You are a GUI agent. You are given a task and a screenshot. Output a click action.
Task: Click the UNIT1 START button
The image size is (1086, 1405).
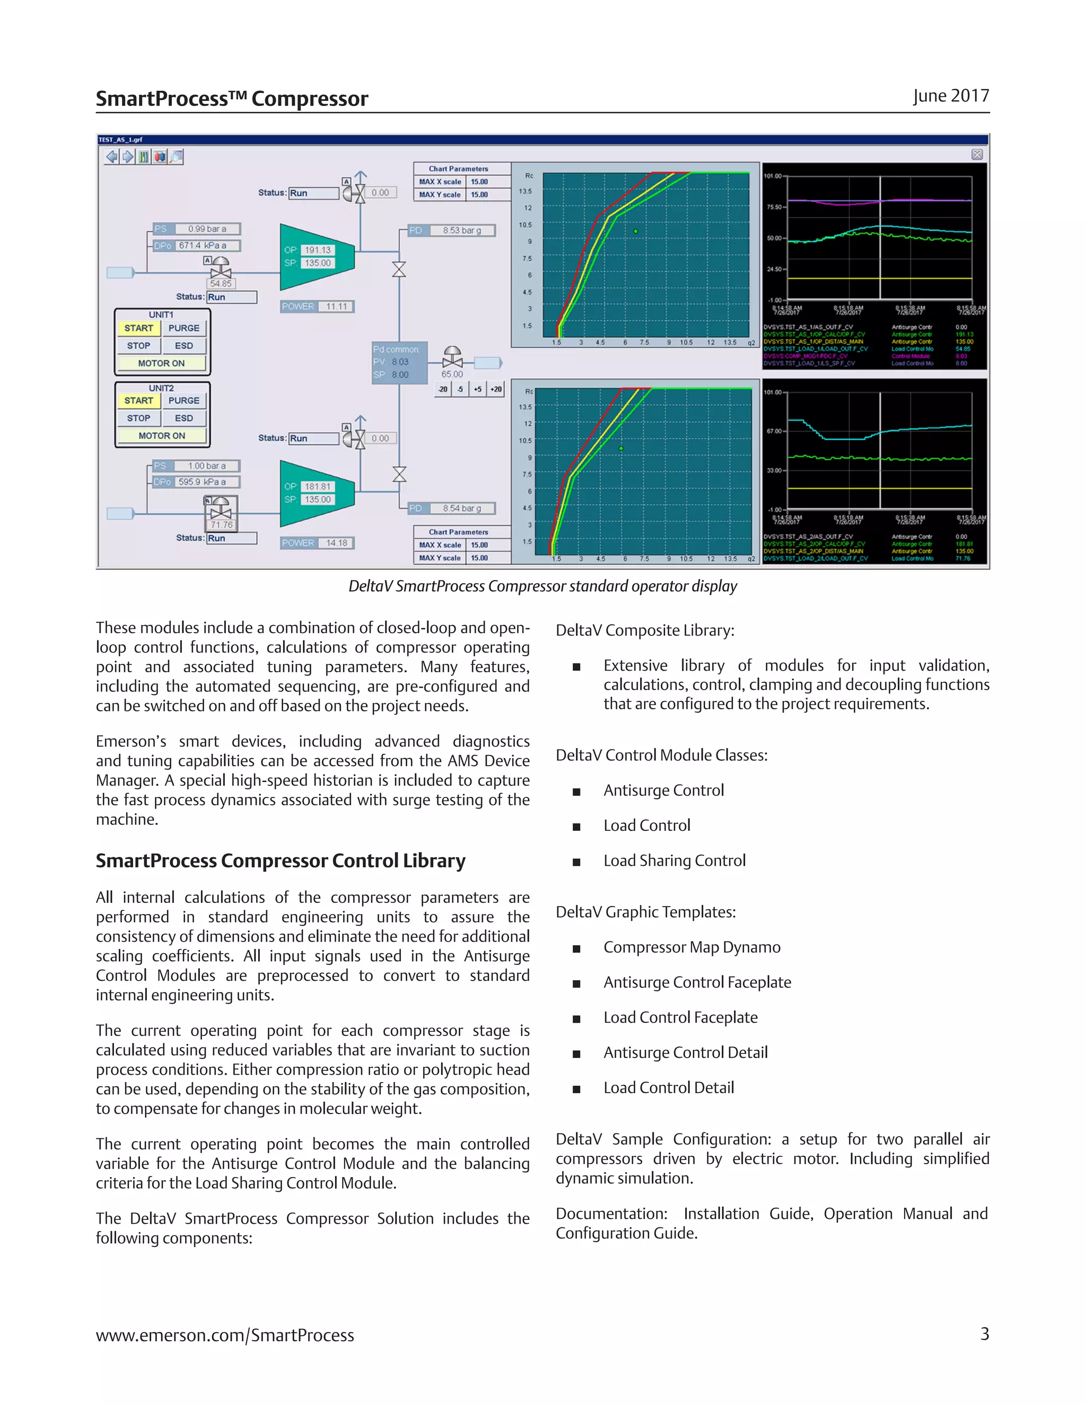point(138,328)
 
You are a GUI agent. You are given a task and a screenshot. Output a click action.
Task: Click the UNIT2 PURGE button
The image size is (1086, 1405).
point(184,401)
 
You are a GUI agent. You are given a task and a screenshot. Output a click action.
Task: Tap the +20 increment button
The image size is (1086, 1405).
point(496,389)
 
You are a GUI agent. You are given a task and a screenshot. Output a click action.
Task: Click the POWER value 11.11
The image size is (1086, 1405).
point(336,307)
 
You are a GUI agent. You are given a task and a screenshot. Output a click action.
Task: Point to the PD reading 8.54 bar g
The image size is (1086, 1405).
point(461,508)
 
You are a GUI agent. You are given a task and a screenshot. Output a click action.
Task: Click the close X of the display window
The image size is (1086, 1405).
point(977,154)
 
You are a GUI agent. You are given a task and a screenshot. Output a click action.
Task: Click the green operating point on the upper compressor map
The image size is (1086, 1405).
point(636,231)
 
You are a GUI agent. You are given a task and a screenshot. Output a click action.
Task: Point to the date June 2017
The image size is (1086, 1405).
point(950,96)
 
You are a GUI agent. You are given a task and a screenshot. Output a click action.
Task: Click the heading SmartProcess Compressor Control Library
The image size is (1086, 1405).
point(281,860)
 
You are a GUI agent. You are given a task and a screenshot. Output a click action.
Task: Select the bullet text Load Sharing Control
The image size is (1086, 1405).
point(675,860)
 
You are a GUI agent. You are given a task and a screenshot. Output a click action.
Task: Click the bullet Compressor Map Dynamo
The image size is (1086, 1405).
point(691,947)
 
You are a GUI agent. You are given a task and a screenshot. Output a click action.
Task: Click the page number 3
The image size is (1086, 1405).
point(984,1334)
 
